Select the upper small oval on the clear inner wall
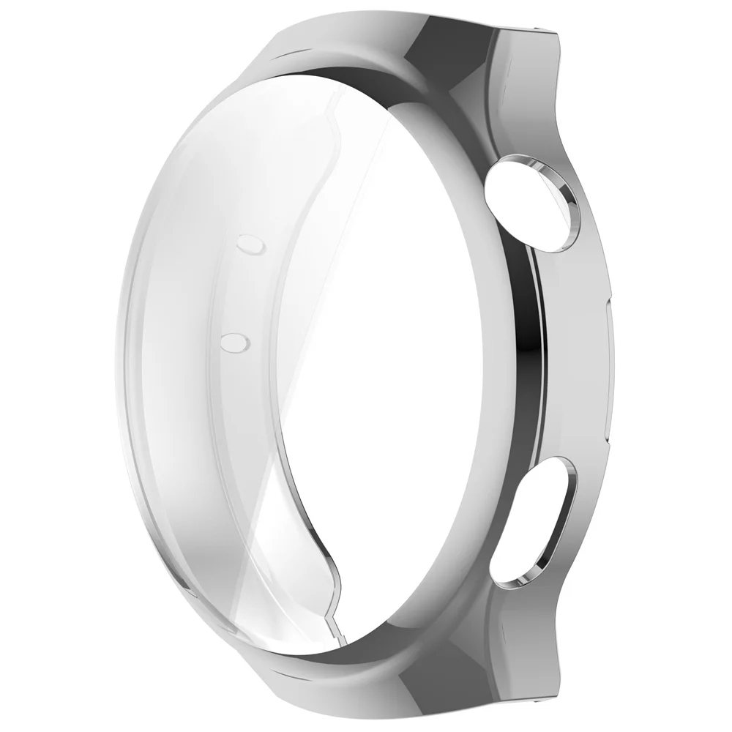click(x=248, y=244)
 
